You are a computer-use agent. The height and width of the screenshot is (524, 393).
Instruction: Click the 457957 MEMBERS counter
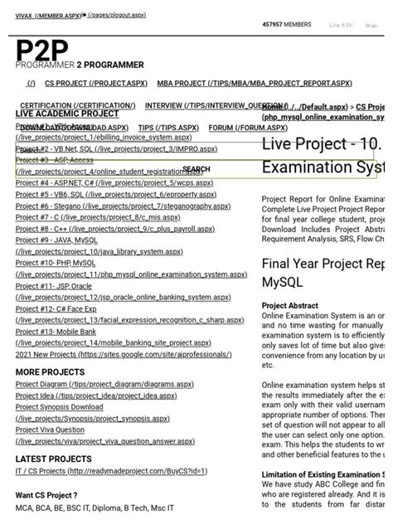[286, 25]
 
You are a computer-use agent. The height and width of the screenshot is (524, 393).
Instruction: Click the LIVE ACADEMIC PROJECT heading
[67, 114]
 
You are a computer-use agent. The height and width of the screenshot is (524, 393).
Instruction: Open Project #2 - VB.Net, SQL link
[116, 148]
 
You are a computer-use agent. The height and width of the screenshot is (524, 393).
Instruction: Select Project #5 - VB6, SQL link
[116, 194]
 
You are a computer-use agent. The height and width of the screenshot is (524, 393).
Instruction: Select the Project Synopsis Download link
[60, 407]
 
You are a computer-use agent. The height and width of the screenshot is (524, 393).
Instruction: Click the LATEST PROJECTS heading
[54, 459]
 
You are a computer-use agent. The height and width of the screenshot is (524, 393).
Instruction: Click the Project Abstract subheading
[289, 305]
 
